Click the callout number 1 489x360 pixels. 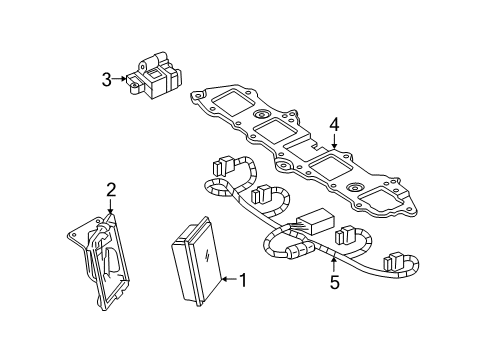pyautogui.click(x=241, y=281)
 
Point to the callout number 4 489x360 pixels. pyautogui.click(x=335, y=125)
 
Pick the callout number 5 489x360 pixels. pyautogui.click(x=334, y=283)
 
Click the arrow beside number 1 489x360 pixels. pyautogui.click(x=226, y=280)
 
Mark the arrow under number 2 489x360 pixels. pyautogui.click(x=109, y=206)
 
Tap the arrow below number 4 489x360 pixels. pyautogui.click(x=334, y=145)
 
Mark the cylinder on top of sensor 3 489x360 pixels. pyautogui.click(x=158, y=64)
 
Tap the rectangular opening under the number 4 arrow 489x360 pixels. pyautogui.click(x=331, y=164)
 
